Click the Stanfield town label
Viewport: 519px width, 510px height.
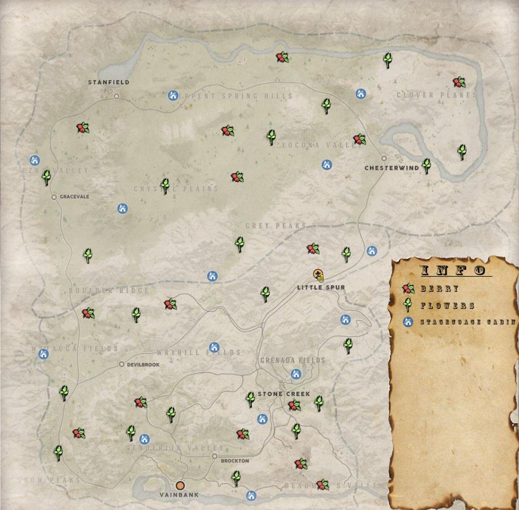point(108,82)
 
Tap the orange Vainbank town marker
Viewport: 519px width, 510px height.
point(180,485)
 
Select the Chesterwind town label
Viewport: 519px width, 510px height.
point(392,168)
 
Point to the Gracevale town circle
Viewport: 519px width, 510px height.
point(54,197)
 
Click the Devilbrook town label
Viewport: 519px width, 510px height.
point(143,365)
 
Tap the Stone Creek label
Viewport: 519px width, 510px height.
point(284,394)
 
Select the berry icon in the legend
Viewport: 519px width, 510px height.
point(409,289)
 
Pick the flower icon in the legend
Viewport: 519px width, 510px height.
point(409,305)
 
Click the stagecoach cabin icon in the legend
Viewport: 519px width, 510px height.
point(409,322)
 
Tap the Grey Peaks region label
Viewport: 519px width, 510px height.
point(275,226)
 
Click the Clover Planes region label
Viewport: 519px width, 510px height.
point(437,95)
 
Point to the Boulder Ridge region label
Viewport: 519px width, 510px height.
point(109,291)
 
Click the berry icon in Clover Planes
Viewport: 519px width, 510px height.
point(459,82)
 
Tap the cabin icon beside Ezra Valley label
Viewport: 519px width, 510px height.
point(34,160)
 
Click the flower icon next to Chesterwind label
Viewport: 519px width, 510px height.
point(426,165)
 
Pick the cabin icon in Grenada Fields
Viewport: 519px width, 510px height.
point(296,374)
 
